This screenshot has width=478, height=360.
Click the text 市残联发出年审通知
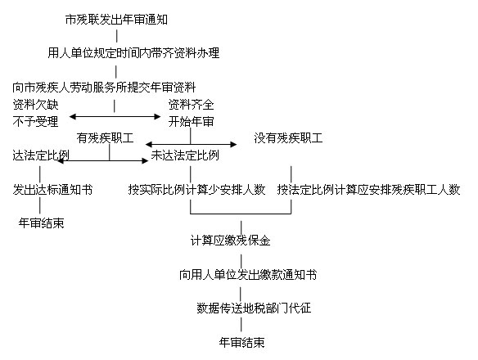pyautogui.click(x=116, y=20)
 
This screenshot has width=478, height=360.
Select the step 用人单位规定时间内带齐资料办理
pyautogui.click(x=133, y=53)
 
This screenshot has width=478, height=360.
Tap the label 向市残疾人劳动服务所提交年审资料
pyautogui.click(x=104, y=88)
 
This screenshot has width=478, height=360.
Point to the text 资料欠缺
pyautogui.click(x=35, y=105)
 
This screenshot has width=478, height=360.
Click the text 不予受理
pyautogui.click(x=35, y=122)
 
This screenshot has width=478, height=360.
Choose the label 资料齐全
pyautogui.click(x=192, y=105)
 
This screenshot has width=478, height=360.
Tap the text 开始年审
pyautogui.click(x=192, y=122)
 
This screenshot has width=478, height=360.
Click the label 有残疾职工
pyautogui.click(x=105, y=138)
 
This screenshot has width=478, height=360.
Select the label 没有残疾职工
pyautogui.click(x=288, y=138)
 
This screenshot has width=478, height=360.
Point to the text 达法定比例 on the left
pyautogui.click(x=41, y=155)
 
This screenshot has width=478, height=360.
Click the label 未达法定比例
pyautogui.click(x=185, y=155)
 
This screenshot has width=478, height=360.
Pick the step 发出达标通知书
pyautogui.click(x=52, y=190)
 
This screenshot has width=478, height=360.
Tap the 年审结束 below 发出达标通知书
pyautogui.click(x=42, y=223)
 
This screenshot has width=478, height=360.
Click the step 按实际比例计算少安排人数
pyautogui.click(x=196, y=190)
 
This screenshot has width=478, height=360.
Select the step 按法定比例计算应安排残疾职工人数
pyautogui.click(x=368, y=190)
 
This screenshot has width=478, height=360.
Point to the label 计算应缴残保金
pyautogui.click(x=231, y=241)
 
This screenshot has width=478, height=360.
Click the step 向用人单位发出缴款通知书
pyautogui.click(x=248, y=275)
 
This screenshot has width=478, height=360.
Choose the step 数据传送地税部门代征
pyautogui.click(x=254, y=308)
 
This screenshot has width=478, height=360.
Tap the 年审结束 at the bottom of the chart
pyautogui.click(x=241, y=343)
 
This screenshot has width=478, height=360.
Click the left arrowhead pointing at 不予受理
pyautogui.click(x=73, y=116)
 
